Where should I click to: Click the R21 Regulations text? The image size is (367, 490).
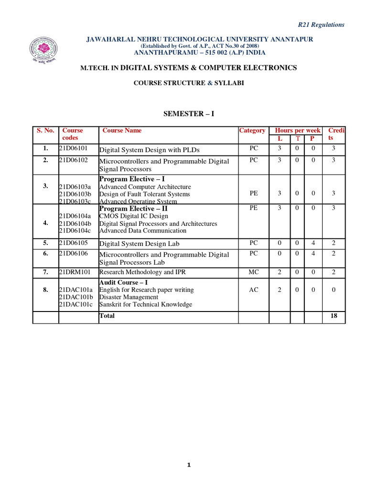point(321,25)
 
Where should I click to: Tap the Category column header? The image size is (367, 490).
point(252,131)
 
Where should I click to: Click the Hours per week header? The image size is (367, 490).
point(298,131)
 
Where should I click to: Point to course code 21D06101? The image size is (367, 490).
point(73,148)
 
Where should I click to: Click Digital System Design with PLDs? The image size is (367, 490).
point(150,150)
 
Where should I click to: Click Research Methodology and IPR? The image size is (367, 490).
point(142,272)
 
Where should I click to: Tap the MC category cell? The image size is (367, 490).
point(253,272)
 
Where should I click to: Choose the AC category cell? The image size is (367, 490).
point(253,290)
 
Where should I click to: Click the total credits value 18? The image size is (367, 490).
point(334,316)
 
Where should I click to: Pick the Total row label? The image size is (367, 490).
point(107,316)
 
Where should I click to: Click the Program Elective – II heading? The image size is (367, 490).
point(133,209)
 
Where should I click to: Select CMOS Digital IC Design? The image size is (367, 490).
point(133,216)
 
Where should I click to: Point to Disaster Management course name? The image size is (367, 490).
point(128,297)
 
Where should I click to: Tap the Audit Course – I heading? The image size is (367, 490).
point(123,282)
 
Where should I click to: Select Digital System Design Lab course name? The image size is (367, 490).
point(139,244)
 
